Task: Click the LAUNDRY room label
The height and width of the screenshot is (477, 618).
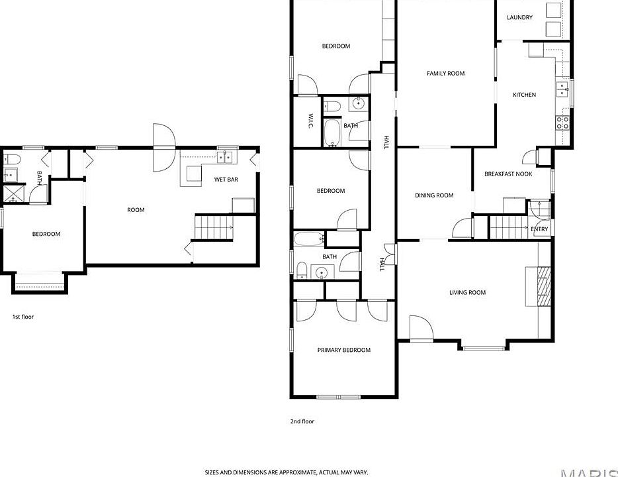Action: (x=519, y=17)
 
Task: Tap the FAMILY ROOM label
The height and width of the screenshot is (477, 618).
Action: (x=445, y=74)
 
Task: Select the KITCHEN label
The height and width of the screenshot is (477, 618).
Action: (x=524, y=95)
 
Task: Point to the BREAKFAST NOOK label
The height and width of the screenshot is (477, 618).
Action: (x=508, y=174)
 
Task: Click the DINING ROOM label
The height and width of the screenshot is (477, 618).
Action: (x=434, y=195)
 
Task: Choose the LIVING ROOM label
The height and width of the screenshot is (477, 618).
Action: (x=467, y=292)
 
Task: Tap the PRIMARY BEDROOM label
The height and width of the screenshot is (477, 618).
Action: (x=343, y=350)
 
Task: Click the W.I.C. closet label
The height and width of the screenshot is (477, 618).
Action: (x=310, y=121)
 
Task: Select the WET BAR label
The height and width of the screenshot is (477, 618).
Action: (x=226, y=180)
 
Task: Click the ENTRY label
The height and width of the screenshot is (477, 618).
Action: (x=539, y=229)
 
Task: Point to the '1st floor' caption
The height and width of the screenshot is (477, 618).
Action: (x=23, y=317)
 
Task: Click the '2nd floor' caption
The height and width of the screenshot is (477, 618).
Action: (x=302, y=421)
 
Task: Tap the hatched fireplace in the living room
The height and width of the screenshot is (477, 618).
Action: (x=545, y=286)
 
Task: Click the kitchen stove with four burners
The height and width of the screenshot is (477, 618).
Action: (x=562, y=123)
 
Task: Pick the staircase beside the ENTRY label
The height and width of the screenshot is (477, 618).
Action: (x=508, y=227)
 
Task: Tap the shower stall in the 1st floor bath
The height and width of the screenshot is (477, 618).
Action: (x=13, y=194)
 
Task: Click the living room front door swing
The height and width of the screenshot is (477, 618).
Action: (x=421, y=327)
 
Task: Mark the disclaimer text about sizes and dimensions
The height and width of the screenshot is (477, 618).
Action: (x=286, y=472)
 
